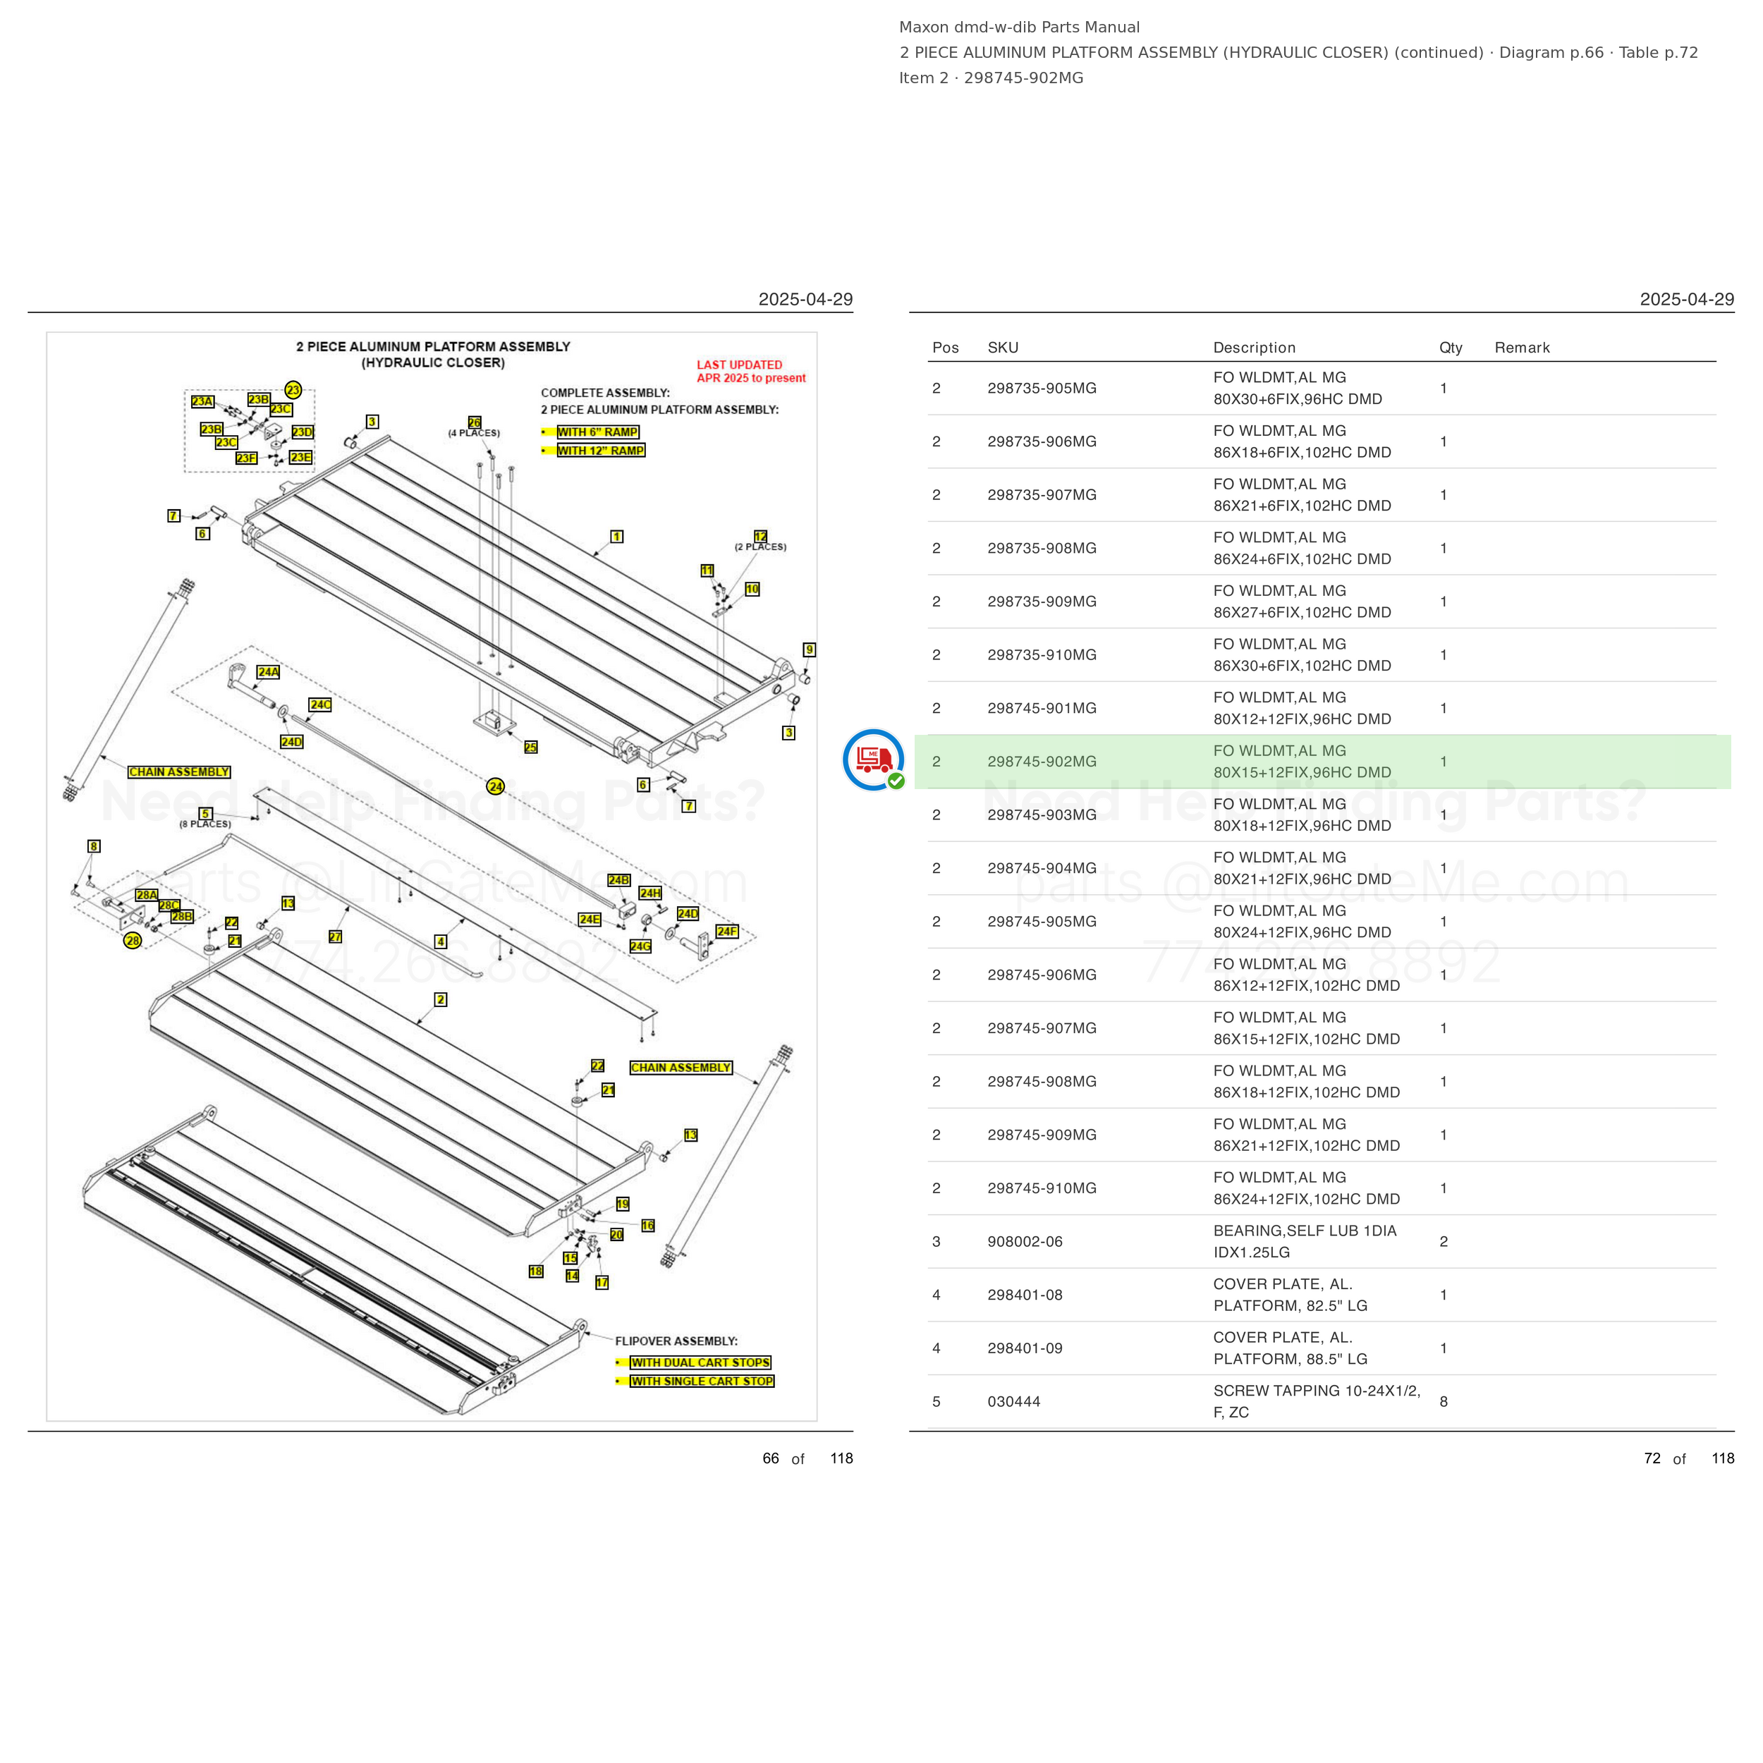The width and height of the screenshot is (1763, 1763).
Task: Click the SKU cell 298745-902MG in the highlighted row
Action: (1041, 761)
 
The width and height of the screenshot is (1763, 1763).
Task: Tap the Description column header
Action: (1254, 348)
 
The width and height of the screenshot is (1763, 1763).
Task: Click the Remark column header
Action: (1522, 348)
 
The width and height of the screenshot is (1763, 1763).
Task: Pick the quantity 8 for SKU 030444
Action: (1444, 1402)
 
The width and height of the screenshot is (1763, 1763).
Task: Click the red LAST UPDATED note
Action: (750, 372)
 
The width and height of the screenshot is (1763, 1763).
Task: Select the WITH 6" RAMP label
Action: (598, 432)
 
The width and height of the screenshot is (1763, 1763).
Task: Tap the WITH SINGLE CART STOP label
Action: (702, 1381)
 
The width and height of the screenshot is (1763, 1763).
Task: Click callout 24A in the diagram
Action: (268, 671)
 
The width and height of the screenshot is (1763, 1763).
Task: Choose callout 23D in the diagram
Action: (302, 432)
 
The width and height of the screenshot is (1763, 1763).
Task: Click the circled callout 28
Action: (133, 941)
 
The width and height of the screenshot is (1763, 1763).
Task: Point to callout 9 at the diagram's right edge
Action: (810, 649)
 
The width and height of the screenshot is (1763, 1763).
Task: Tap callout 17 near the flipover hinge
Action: (602, 1282)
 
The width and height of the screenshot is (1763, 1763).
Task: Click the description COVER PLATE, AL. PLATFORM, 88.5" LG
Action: (1291, 1348)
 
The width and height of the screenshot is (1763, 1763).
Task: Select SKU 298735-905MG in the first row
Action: (1041, 388)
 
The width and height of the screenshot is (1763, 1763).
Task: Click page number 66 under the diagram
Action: (771, 1458)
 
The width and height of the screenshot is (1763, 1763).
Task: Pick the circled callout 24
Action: (496, 786)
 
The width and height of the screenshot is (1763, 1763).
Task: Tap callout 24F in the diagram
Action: (727, 932)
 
